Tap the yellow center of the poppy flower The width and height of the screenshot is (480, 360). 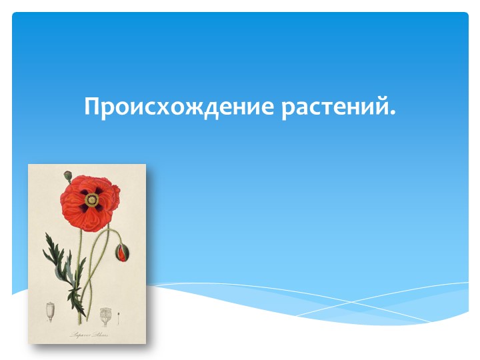(91, 199)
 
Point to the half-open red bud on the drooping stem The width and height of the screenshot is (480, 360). (122, 252)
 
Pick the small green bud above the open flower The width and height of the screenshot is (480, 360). (67, 176)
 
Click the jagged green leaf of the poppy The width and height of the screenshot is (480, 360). (57, 257)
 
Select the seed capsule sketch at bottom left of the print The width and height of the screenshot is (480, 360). (50, 311)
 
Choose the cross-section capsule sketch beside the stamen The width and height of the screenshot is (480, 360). (105, 314)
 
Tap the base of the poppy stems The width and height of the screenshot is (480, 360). (80, 321)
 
